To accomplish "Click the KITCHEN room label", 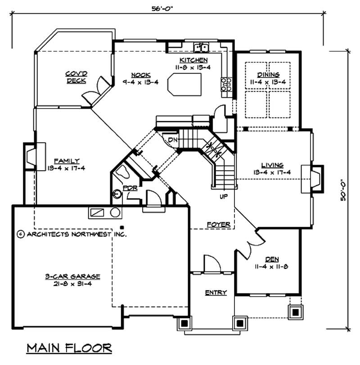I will click(193, 60).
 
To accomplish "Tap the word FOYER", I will click(219, 224).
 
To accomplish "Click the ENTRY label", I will click(216, 293).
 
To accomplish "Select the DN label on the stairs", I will click(173, 140).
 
